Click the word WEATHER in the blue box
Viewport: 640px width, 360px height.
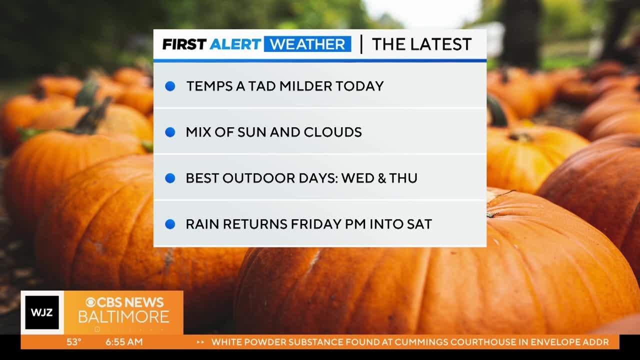click(x=307, y=44)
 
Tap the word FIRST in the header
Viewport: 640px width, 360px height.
click(x=184, y=44)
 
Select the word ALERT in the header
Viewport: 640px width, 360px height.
click(x=235, y=44)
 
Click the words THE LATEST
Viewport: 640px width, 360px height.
click(x=421, y=44)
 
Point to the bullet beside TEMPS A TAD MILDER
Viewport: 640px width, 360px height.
click(x=170, y=86)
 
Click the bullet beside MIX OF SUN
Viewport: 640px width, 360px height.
click(x=170, y=132)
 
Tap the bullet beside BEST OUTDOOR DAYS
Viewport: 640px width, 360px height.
click(x=170, y=178)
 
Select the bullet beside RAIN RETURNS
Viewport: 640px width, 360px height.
click(x=170, y=224)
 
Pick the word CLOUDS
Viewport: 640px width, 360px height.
click(x=332, y=132)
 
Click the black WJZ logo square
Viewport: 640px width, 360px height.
click(x=42, y=312)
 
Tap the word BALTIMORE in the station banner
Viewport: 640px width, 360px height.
click(x=123, y=317)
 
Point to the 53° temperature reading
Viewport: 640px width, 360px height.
click(x=74, y=342)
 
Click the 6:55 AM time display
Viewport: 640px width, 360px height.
click(x=124, y=342)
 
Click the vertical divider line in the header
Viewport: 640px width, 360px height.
click(x=361, y=44)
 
